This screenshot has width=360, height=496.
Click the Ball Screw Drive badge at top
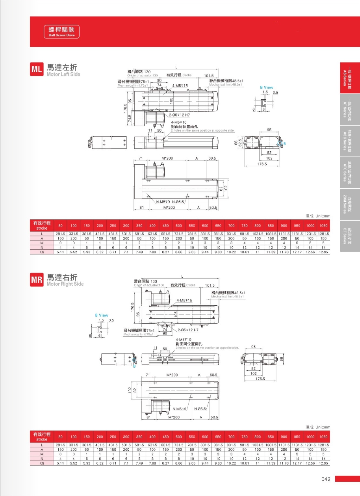(x=61, y=32)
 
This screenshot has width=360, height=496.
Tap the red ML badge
(x=37, y=70)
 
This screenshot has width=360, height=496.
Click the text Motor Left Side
(x=63, y=74)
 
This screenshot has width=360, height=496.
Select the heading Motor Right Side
(x=65, y=284)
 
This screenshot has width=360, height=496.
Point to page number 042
(x=325, y=479)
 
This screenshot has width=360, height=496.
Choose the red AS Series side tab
(x=349, y=78)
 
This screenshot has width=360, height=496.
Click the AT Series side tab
(x=349, y=110)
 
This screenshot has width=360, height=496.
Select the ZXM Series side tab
(x=349, y=204)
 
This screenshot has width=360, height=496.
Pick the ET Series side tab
(x=349, y=236)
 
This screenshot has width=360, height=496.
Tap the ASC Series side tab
(x=349, y=141)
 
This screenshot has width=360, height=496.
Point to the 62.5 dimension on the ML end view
(x=240, y=143)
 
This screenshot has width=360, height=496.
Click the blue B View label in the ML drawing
(x=266, y=87)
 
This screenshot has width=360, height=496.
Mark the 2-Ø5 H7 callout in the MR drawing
(x=188, y=330)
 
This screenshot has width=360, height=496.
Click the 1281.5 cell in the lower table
(x=323, y=445)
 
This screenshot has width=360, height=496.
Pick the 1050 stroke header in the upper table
(x=323, y=225)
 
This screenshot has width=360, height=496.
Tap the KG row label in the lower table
(x=42, y=463)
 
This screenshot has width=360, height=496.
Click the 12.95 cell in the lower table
(x=323, y=463)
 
